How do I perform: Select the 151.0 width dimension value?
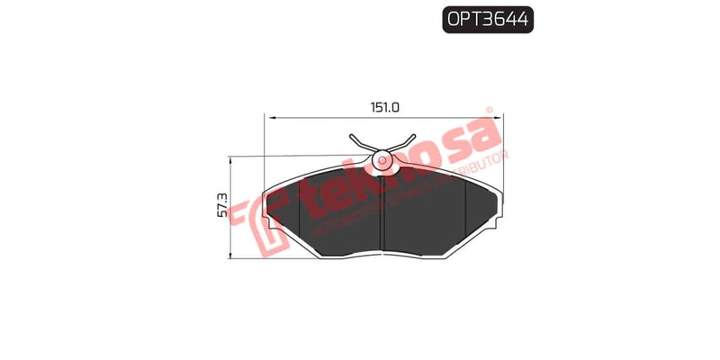385,107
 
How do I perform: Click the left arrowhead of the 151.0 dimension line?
267,117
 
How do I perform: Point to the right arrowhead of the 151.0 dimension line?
500,117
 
